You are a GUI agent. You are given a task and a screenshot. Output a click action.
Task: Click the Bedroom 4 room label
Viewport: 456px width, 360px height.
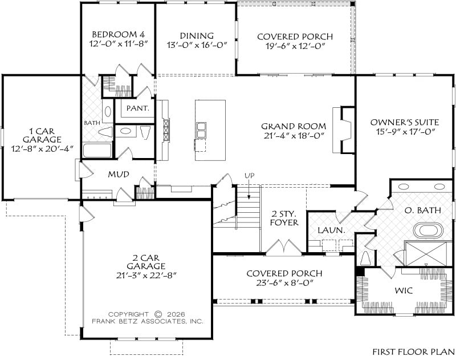tap(119, 34)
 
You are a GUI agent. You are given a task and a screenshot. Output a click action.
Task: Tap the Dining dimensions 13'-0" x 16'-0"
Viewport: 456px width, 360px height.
tap(197, 45)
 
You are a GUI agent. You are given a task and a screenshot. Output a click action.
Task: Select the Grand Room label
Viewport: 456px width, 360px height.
tap(294, 126)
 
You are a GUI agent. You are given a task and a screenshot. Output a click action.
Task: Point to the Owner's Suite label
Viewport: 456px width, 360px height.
tap(405, 122)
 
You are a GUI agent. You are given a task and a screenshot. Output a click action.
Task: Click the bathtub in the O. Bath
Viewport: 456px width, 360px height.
tap(429, 230)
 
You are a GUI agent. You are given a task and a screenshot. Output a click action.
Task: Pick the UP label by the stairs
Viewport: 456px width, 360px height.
tap(249, 176)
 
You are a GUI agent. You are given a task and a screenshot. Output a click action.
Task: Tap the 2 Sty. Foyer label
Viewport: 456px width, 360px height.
tap(284, 219)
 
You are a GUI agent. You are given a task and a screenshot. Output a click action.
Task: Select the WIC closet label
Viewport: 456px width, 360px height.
tap(404, 290)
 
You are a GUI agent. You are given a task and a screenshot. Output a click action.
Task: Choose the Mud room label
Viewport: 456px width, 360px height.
tap(119, 175)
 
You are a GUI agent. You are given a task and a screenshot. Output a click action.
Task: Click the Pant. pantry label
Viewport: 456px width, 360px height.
tap(138, 108)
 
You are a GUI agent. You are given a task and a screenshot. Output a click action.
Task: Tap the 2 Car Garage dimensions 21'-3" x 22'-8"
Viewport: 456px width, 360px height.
tap(146, 275)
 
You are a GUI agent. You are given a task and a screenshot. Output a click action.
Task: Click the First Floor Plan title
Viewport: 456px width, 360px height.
tap(413, 351)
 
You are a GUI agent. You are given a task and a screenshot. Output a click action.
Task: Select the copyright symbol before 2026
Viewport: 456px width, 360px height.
tap(158, 314)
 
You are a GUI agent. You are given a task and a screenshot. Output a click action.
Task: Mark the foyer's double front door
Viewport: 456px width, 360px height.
tap(284, 248)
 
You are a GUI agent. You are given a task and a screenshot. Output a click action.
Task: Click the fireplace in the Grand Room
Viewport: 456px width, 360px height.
tap(344, 130)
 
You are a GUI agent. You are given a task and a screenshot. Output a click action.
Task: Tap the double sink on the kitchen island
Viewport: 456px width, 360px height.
tap(201, 130)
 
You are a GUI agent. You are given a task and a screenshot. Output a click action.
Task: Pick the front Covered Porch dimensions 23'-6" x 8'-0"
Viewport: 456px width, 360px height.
tap(284, 282)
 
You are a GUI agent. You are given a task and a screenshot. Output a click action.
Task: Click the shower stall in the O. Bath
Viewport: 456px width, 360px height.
tap(426, 253)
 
